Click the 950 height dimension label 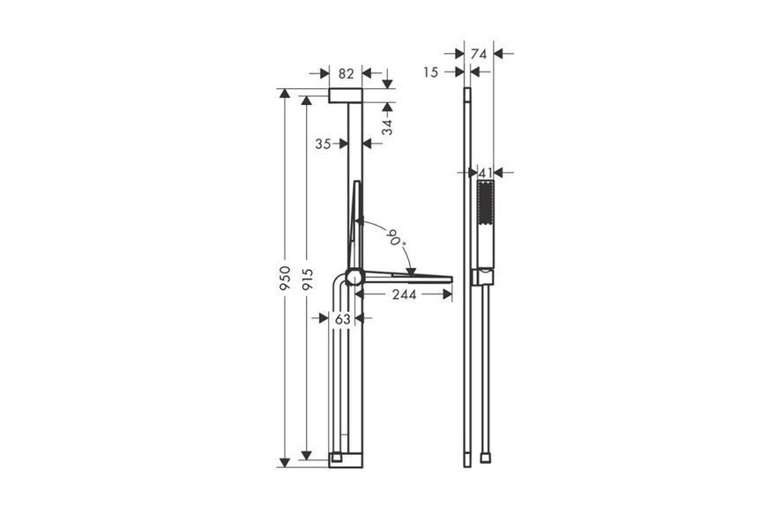(x=285, y=279)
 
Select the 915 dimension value (x=307, y=279)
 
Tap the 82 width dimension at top (x=346, y=74)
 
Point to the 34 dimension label (x=387, y=127)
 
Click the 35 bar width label (x=323, y=144)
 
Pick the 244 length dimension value (x=405, y=294)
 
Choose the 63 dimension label (x=343, y=319)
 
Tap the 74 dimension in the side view (x=479, y=54)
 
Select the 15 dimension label (x=430, y=72)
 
